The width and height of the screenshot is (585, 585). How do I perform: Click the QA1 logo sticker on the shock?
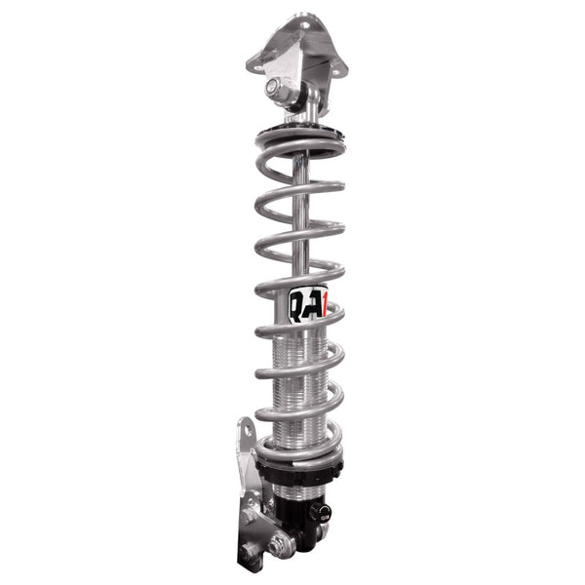(308, 304)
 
